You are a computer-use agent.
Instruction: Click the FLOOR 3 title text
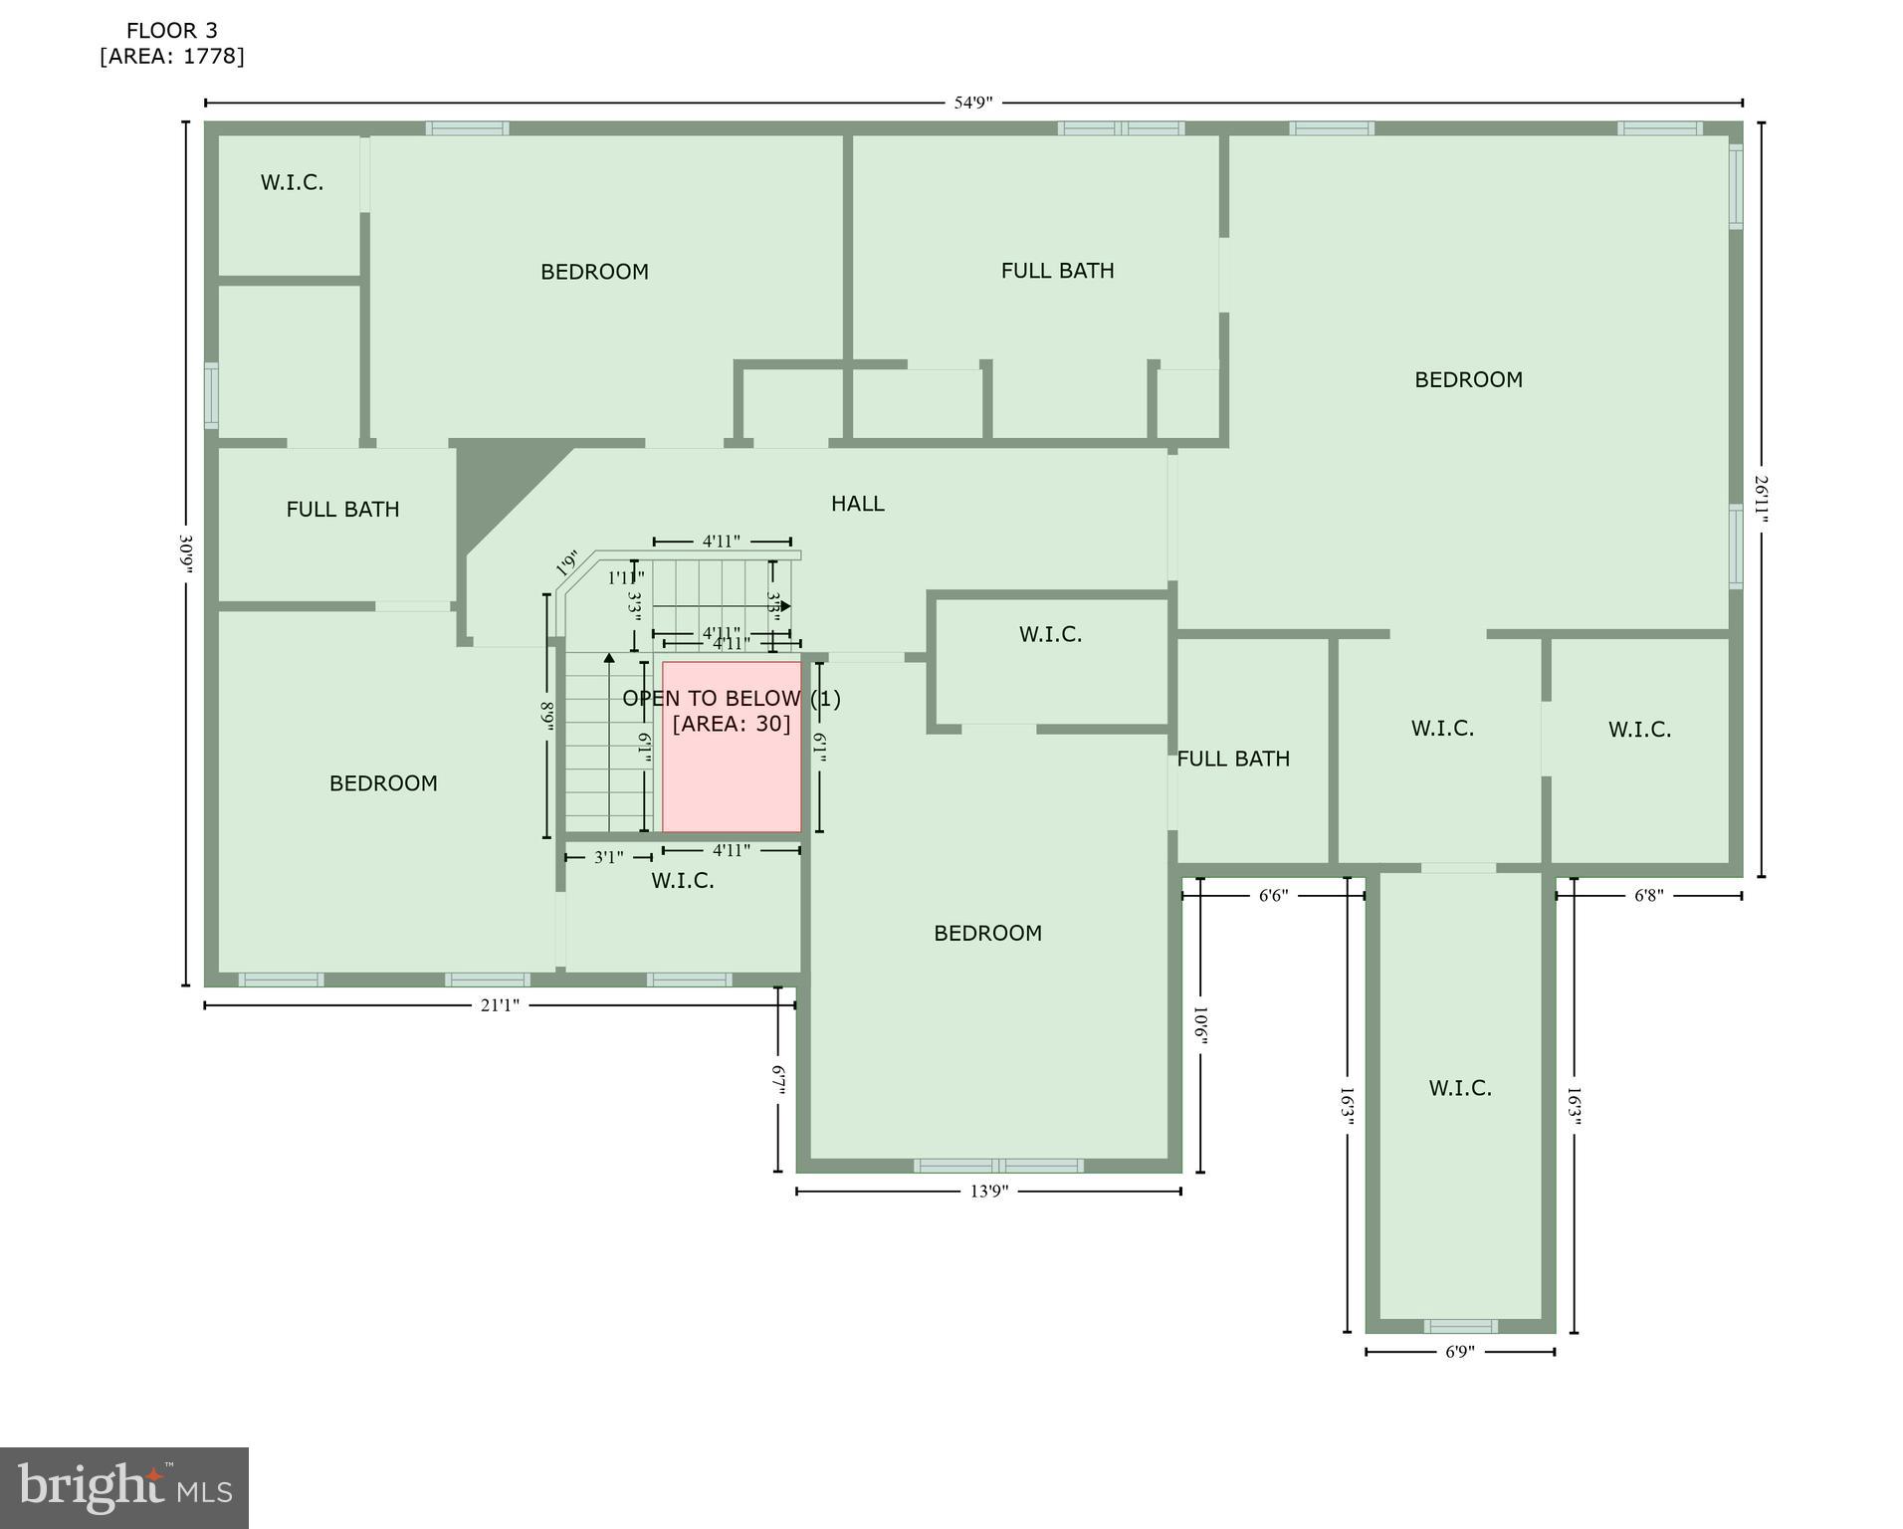[x=171, y=31]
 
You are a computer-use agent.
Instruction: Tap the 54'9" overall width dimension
[x=972, y=103]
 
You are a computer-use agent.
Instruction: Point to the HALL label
[x=857, y=504]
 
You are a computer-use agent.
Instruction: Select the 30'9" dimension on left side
[x=185, y=553]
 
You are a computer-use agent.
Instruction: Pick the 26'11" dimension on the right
[x=1761, y=497]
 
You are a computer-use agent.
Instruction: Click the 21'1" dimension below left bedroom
[x=500, y=1005]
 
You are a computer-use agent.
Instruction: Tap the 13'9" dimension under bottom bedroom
[x=988, y=1192]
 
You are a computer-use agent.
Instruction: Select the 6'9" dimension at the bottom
[x=1459, y=1352]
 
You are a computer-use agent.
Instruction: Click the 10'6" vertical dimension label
[x=1200, y=1025]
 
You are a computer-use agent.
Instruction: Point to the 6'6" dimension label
[x=1273, y=895]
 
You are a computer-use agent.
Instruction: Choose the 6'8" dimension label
[x=1648, y=895]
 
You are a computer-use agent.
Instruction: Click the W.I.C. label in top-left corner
[x=292, y=182]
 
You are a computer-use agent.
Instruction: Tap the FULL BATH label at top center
[x=1057, y=271]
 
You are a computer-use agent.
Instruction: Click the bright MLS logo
[x=124, y=1487]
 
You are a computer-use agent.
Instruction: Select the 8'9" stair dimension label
[x=546, y=717]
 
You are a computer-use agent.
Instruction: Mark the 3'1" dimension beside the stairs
[x=608, y=857]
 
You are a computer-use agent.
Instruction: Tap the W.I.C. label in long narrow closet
[x=1460, y=1088]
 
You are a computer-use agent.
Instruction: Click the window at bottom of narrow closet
[x=1460, y=1326]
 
